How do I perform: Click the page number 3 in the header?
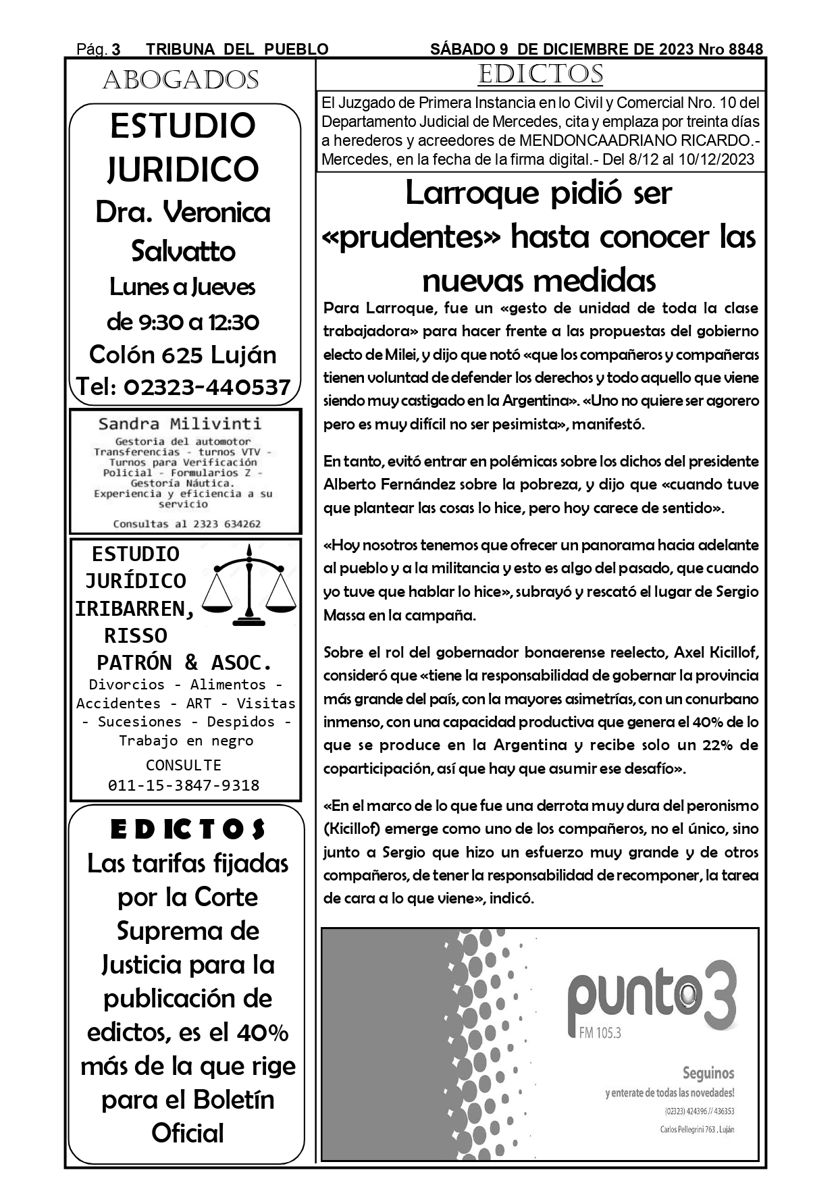(x=116, y=49)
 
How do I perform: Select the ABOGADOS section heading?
(x=181, y=80)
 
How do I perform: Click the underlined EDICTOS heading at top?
(x=540, y=74)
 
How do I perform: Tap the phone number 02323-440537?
(x=207, y=387)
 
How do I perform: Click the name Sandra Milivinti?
(x=180, y=424)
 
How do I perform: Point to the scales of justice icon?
(x=249, y=585)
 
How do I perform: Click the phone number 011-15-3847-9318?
(x=184, y=785)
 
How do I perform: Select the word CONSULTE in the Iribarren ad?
(x=184, y=765)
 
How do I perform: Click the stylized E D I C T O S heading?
(x=187, y=830)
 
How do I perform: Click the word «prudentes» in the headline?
(x=412, y=237)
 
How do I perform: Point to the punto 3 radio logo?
(x=652, y=997)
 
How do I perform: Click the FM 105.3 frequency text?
(x=600, y=1032)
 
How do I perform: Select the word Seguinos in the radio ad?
(x=708, y=1073)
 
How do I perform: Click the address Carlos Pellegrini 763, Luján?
(x=697, y=1130)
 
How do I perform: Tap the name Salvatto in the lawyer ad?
(x=183, y=251)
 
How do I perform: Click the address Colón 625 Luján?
(x=183, y=354)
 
